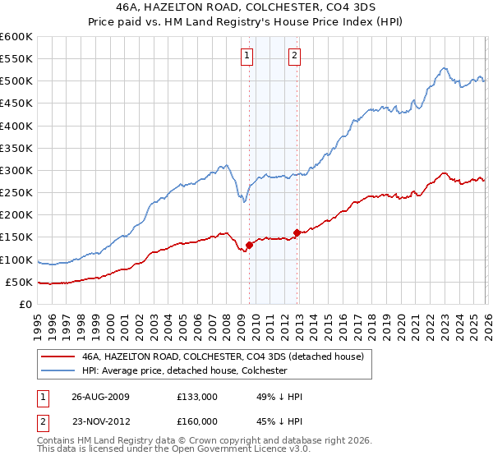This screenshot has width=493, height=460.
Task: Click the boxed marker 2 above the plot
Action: (294, 56)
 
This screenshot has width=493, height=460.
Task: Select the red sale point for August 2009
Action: (249, 245)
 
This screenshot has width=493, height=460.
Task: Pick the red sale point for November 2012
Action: (297, 232)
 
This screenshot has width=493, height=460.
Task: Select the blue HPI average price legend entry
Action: (183, 370)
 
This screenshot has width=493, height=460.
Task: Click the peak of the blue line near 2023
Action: (443, 68)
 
